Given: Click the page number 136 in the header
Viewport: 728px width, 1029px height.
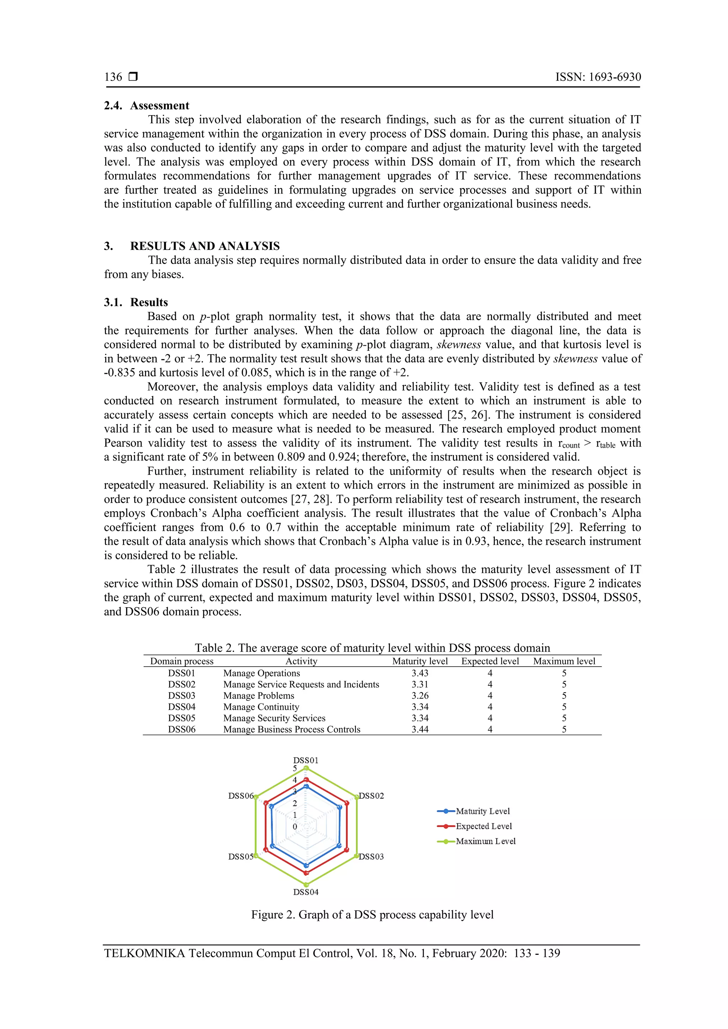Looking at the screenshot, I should coord(113,77).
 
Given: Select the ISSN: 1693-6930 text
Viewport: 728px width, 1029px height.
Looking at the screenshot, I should coord(598,77).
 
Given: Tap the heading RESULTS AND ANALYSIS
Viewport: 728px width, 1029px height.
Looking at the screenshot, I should coord(204,246).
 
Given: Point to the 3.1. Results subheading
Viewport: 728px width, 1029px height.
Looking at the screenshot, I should coord(136,302).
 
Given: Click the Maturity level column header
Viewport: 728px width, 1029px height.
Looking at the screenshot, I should coord(419,661).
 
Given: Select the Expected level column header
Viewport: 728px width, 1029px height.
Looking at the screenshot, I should coord(490,661).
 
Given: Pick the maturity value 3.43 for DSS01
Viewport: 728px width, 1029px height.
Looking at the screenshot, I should coord(419,673).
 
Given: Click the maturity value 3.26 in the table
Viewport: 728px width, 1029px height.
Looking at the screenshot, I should coord(419,696).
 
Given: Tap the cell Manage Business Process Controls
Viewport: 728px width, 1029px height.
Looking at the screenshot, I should coord(292,729).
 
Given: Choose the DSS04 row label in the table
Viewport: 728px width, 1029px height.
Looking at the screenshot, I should coord(182,707).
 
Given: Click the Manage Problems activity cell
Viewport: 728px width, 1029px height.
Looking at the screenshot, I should coord(259,696).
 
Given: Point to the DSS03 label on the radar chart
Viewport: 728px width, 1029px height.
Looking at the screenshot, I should coord(371,856).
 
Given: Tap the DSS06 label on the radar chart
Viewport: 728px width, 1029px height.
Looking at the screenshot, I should coord(241,796).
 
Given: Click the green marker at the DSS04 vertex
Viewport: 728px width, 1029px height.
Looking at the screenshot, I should coord(306,884).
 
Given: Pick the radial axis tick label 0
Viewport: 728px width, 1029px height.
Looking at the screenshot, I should coord(295,826).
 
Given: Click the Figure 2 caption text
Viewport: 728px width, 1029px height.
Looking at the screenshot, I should coord(372,915).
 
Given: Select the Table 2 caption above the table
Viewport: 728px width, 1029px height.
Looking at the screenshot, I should coord(372,648).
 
